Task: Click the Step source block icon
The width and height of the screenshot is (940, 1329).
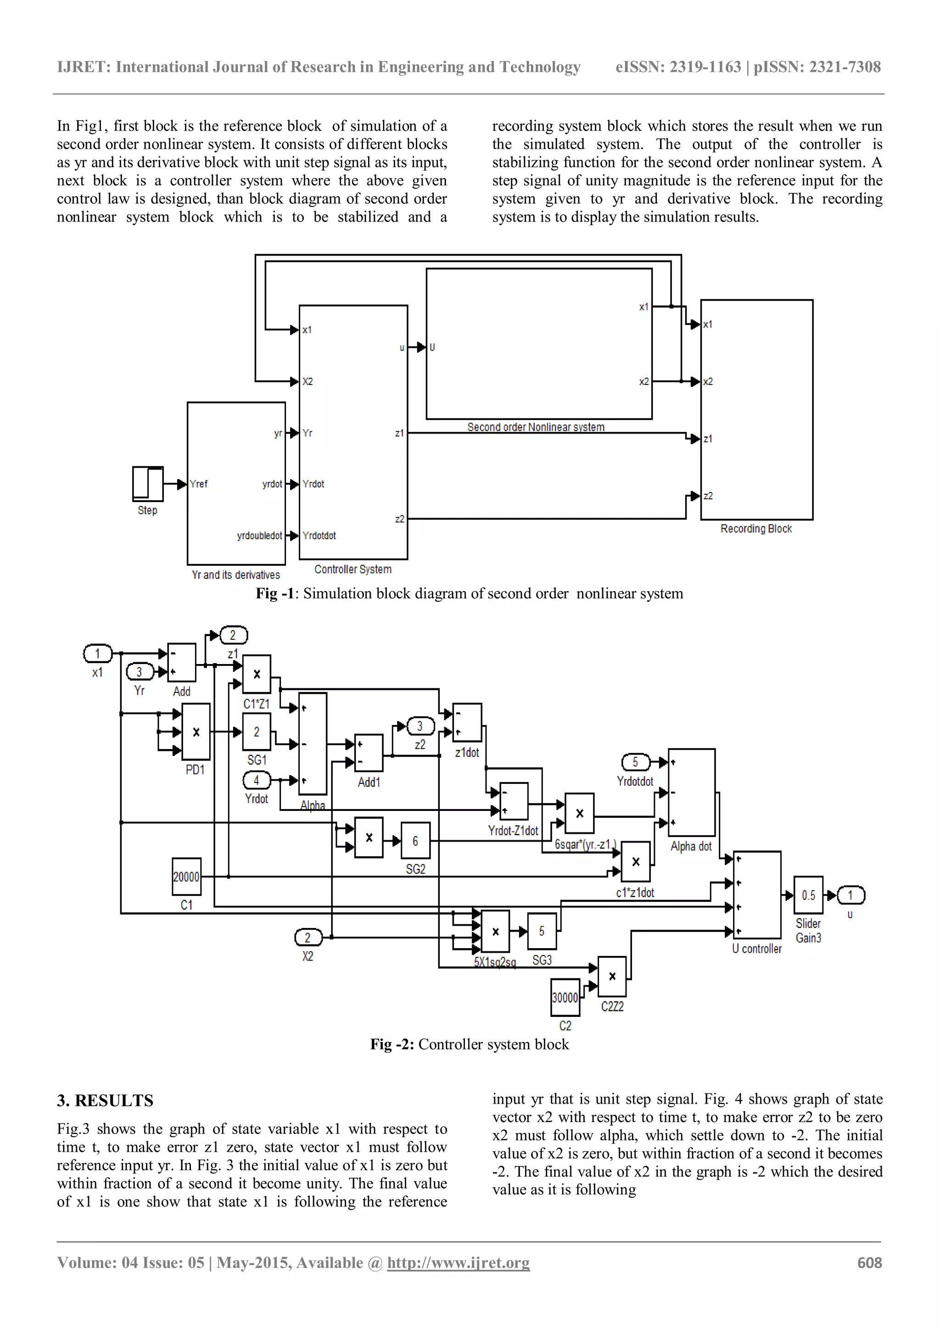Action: pos(148,483)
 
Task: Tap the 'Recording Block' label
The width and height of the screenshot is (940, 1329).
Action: pos(756,529)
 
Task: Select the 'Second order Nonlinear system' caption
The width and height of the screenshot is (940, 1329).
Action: pos(536,427)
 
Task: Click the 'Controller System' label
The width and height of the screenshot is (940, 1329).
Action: pos(352,569)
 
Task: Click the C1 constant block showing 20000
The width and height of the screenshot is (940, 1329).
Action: pos(186,877)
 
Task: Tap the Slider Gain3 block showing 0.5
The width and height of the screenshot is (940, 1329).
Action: pos(808,895)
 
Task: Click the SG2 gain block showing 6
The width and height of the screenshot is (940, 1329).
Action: pos(415,840)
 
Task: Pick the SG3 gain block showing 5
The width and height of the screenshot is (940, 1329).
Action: pos(542,931)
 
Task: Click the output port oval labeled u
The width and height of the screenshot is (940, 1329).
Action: pos(850,895)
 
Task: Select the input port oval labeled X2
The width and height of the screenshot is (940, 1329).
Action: pos(308,937)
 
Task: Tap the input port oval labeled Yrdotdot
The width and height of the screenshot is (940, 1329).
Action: pos(635,762)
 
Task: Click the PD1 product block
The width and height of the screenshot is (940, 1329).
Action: pos(196,732)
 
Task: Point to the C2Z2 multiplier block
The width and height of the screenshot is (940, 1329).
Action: pos(612,977)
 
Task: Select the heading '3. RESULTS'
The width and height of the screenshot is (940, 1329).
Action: pos(105,1100)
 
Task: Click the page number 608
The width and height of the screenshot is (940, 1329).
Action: pos(869,1262)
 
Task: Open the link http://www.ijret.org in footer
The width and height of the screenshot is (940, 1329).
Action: pos(458,1262)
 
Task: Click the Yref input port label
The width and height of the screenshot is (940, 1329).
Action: pos(199,484)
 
